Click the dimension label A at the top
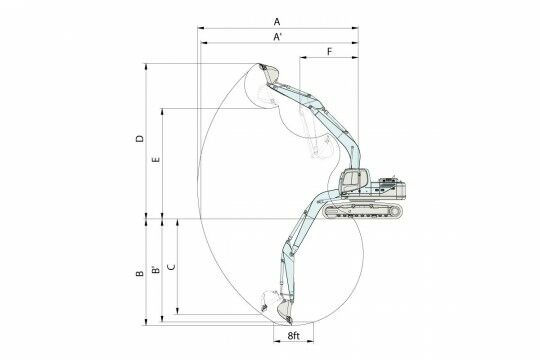tap(277, 22)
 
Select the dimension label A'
tap(278, 37)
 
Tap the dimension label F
tap(330, 52)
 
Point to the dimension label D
tap(140, 138)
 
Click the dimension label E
tap(156, 160)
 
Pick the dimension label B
tap(140, 274)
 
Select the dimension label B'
tap(156, 269)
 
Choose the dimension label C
tap(171, 267)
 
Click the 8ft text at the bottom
tap(293, 336)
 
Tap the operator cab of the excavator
tap(354, 181)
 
